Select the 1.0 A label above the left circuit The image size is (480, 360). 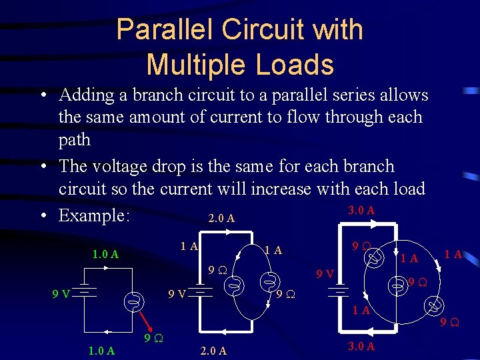pos(105,254)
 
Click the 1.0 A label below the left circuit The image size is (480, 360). pos(101,350)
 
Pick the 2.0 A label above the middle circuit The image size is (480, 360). pos(221,218)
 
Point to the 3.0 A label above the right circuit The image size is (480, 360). pos(361,210)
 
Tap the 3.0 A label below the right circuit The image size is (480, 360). pos(362,346)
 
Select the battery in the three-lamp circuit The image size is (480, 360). pos(339,291)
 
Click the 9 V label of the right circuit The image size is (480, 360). pos(325,274)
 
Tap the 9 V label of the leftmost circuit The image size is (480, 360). pos(62,293)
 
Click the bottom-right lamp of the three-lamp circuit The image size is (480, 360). pos(435,306)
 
